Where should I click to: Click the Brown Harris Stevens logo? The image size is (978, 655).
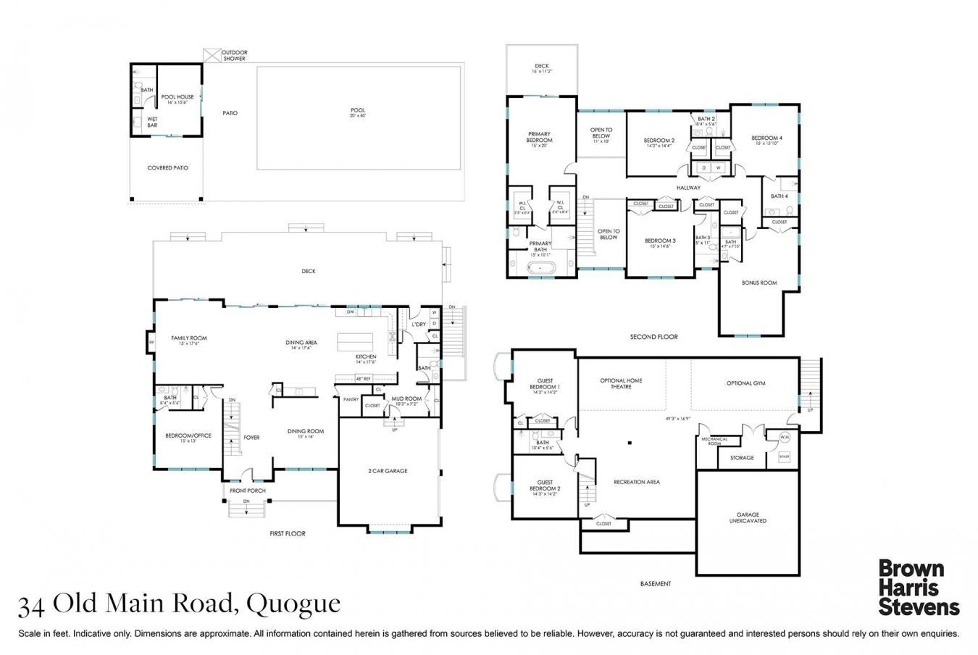[918, 587]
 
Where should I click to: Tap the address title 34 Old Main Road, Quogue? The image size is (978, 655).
[179, 604]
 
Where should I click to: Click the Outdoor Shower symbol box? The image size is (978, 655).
[212, 55]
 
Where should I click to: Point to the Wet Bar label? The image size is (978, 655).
[152, 122]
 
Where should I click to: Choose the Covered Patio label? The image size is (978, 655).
[167, 168]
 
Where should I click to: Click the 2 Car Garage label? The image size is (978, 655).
[388, 471]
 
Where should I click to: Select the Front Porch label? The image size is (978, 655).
[248, 491]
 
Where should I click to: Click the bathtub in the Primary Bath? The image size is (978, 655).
[540, 268]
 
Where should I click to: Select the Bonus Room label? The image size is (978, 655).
[758, 283]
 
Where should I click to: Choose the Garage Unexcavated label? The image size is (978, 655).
[748, 518]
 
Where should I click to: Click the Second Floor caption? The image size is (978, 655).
[653, 337]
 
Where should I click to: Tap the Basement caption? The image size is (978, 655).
[655, 583]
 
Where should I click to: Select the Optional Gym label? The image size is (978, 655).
[745, 383]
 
